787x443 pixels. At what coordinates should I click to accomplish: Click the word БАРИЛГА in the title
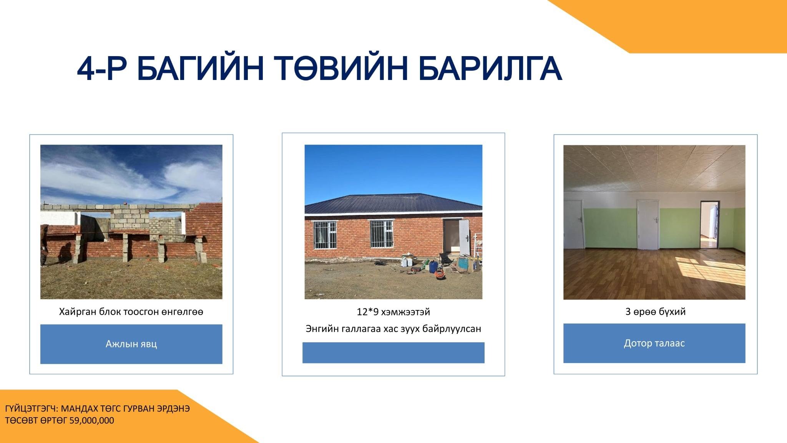pos(490,68)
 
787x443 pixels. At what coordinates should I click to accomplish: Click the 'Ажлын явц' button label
pos(131,344)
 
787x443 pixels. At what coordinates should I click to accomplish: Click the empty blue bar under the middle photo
pos(393,353)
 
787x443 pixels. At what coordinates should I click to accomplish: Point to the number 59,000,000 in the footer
pos(92,420)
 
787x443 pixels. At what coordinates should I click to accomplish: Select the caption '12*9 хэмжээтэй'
pos(393,312)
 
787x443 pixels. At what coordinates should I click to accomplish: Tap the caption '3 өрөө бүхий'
pos(655,311)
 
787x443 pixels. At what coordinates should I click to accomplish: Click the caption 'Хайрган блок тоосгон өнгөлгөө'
pos(131,311)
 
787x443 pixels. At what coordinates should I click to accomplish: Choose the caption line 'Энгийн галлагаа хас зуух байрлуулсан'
pos(393,329)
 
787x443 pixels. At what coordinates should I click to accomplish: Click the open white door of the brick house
pos(464,237)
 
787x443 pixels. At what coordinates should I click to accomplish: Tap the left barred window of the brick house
pos(325,235)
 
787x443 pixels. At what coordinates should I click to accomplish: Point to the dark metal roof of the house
pos(393,204)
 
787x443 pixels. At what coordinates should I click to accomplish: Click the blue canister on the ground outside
pos(433,267)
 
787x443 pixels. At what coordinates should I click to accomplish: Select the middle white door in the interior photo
pos(648,225)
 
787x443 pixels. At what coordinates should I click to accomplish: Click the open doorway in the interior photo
pos(709,225)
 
